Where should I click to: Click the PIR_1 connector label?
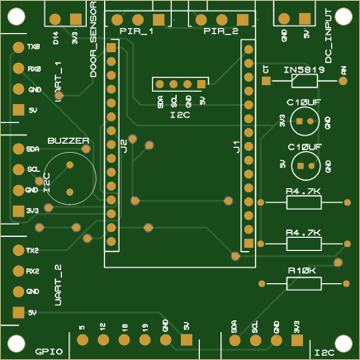(x=136, y=32)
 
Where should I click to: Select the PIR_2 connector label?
(x=220, y=32)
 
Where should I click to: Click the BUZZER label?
(x=68, y=141)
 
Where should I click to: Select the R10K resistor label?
(x=302, y=270)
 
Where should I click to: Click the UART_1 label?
(x=58, y=81)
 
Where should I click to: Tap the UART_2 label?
(x=58, y=285)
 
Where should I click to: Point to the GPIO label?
(x=50, y=351)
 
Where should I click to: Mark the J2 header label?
(x=123, y=146)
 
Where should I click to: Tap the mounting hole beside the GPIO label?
(x=16, y=343)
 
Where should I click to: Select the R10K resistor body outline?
(x=303, y=283)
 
